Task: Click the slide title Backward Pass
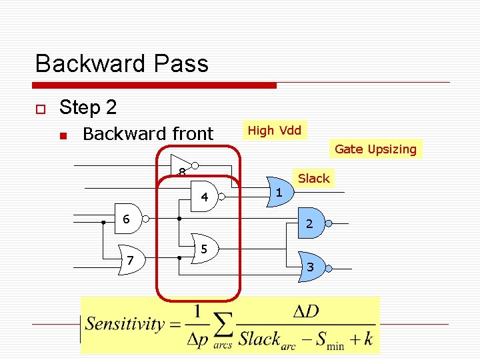[122, 64]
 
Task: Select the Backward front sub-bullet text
[148, 134]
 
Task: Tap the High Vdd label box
[275, 130]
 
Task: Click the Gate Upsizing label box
[376, 149]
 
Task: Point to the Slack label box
[313, 178]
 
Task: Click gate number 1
[279, 193]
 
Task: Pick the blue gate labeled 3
[311, 265]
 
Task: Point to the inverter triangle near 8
[181, 164]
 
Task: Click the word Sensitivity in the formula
[124, 325]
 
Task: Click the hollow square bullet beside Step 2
[40, 109]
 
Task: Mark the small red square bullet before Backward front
[63, 135]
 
